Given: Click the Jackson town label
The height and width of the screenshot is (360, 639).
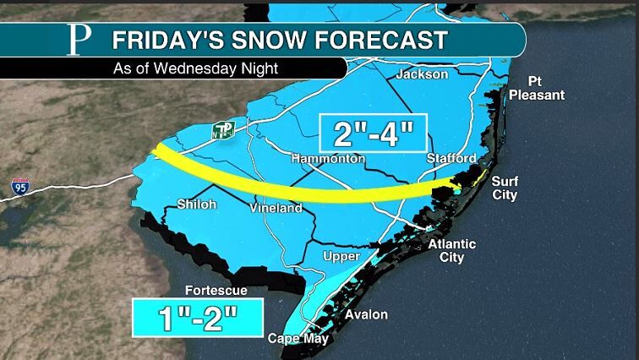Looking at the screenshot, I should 427,74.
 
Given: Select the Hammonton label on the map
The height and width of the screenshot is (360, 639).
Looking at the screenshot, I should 328,159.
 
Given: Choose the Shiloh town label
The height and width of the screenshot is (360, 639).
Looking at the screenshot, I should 196,205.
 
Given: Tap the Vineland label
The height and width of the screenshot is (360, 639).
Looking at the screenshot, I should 276,208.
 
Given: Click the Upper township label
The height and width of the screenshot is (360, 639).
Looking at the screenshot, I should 341,256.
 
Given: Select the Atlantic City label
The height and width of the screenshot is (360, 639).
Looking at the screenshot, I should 451,250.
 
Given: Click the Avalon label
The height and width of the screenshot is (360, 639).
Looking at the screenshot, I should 367,314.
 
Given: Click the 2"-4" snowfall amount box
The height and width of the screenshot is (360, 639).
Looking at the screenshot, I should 372,134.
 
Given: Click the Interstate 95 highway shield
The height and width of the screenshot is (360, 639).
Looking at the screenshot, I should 20,187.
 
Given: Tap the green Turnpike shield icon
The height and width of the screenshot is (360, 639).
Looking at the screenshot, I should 223,130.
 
